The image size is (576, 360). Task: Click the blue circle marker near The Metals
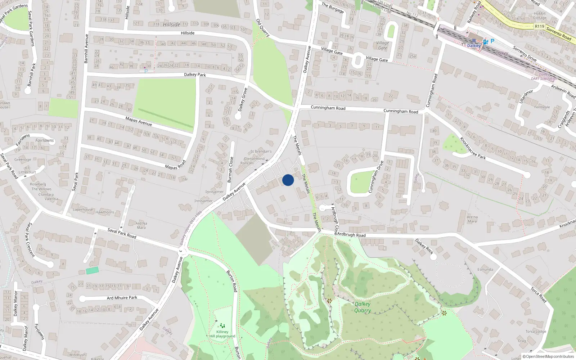tap(288, 180)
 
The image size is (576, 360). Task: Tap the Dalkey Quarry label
tap(362, 307)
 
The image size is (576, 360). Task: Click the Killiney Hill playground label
tap(222, 334)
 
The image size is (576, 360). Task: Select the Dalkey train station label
tap(473, 46)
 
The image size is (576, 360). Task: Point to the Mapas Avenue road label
tap(139, 121)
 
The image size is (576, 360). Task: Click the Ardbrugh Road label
tap(351, 235)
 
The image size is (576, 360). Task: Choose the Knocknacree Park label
tap(473, 148)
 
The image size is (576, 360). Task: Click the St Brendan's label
tap(261, 151)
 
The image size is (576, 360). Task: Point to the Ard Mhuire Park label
tap(122, 298)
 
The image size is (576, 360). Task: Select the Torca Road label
tap(539, 294)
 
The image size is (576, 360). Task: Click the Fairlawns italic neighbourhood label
tap(45, 140)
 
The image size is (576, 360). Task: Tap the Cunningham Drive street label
tap(375, 176)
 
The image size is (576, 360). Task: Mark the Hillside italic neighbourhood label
tap(171, 24)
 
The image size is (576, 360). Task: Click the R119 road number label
tap(539, 26)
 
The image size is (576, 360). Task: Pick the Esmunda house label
tap(485, 269)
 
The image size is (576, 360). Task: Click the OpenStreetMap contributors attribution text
tap(548, 356)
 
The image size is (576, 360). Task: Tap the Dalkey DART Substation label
tap(544, 76)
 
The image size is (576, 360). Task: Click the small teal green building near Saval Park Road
tap(92, 270)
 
